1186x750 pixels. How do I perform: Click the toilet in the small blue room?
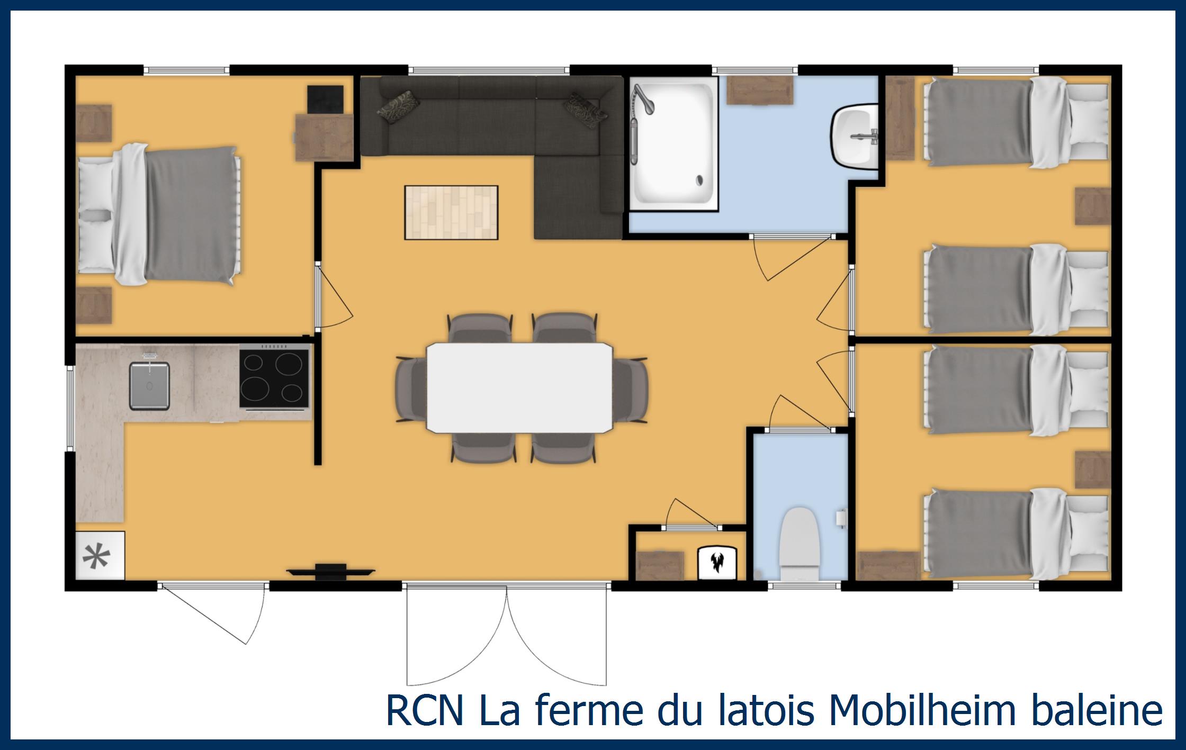[800, 545]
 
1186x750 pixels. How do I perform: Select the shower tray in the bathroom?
[673, 144]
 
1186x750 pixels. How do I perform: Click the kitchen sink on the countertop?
[150, 385]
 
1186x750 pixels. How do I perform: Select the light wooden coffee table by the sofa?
[451, 212]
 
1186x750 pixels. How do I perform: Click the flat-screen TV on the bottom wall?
[331, 571]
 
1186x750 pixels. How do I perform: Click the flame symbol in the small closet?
[717, 563]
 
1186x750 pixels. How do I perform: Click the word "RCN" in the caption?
[425, 710]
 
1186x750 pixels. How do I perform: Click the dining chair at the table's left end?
[411, 389]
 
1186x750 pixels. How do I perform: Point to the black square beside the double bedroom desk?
[325, 100]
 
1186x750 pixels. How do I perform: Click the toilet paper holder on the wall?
[841, 518]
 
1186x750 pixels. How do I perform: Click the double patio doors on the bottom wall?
[507, 635]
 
